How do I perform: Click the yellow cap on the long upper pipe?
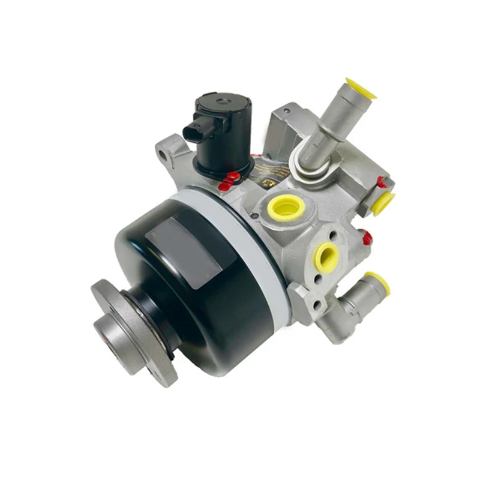tap(361, 88)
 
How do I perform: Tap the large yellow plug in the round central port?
tap(286, 208)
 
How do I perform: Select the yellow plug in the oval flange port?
tap(326, 256)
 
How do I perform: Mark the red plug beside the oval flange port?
tap(366, 238)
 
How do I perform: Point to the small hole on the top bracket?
tap(287, 110)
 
